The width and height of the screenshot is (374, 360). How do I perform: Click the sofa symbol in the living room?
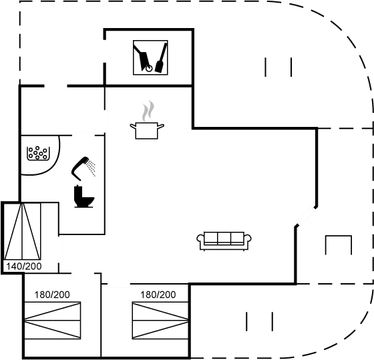(x=224, y=241)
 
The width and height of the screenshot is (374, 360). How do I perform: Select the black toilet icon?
(x=83, y=196)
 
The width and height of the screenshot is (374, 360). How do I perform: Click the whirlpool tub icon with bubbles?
(x=38, y=153)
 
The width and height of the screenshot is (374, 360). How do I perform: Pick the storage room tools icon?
(x=150, y=57)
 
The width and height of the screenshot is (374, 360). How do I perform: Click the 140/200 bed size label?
(x=24, y=266)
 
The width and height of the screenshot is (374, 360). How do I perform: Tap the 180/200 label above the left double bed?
(x=52, y=295)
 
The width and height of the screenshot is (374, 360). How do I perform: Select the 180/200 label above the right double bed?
(x=158, y=295)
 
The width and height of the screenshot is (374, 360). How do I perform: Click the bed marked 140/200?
(x=22, y=231)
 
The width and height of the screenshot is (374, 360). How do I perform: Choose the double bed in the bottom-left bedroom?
(x=53, y=321)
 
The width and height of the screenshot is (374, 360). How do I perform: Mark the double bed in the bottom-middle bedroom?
(x=160, y=321)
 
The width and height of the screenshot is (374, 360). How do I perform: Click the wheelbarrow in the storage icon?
(x=143, y=58)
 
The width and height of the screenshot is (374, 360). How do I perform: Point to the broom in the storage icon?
(x=161, y=58)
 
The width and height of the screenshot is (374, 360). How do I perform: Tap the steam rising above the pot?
(x=148, y=111)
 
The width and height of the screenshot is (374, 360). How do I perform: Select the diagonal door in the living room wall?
(x=306, y=216)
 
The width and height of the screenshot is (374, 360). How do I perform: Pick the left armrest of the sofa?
(x=200, y=238)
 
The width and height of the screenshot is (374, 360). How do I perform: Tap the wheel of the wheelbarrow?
(x=149, y=69)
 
